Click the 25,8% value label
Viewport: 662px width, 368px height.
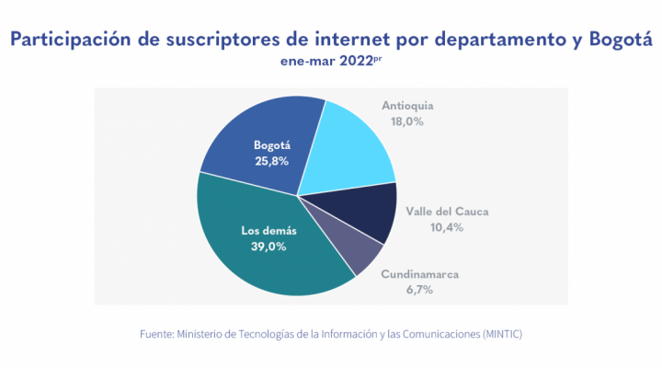(272, 161)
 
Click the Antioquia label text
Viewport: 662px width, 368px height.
(407, 106)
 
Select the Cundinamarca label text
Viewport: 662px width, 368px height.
(419, 274)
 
